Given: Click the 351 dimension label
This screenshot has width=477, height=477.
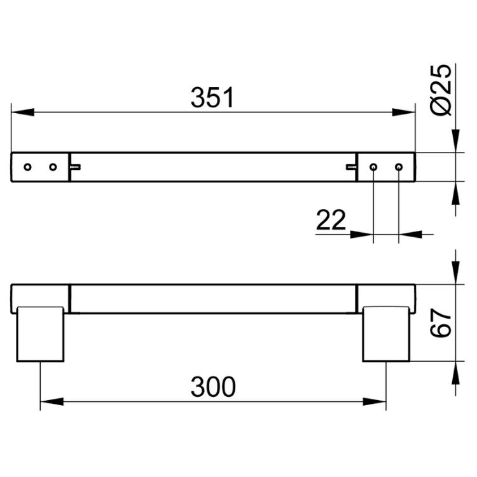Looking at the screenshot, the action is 212,97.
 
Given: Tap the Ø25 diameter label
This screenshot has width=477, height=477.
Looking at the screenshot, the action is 441,90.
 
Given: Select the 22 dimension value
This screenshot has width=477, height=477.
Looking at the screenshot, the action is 331,219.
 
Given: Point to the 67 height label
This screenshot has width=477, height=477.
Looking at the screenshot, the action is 441,322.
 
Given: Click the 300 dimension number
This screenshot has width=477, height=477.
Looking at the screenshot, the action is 213,387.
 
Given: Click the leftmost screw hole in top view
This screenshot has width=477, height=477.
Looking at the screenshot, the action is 28,167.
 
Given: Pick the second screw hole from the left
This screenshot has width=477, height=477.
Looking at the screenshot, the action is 53,167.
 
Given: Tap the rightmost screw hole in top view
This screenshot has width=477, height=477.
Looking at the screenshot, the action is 399,167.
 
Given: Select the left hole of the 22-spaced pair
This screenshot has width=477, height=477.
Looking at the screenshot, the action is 373,167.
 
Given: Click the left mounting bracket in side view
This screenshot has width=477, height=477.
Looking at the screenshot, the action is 40,334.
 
